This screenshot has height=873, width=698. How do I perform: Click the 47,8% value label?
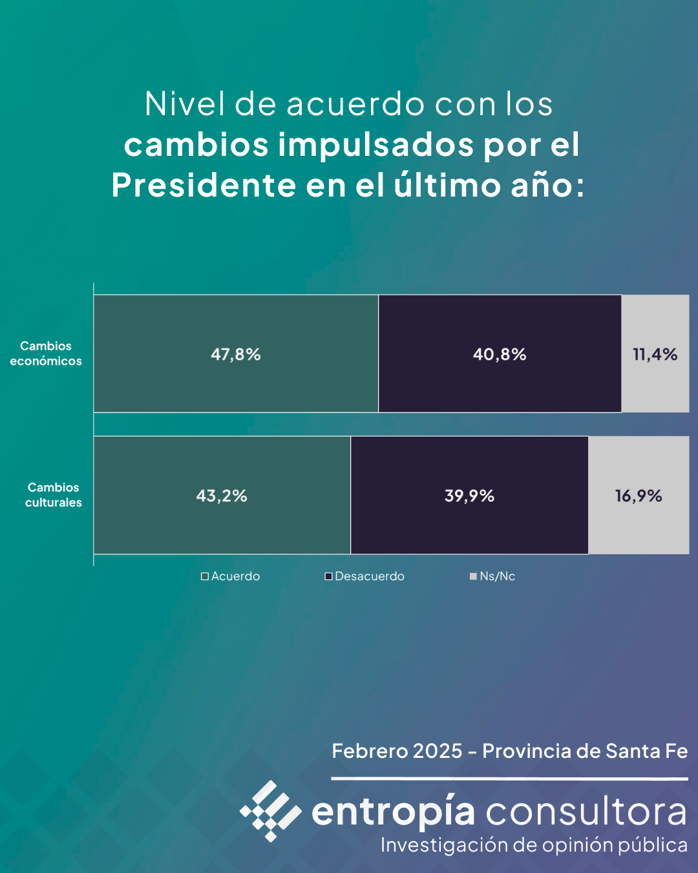click(236, 354)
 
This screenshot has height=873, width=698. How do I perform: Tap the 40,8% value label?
click(500, 354)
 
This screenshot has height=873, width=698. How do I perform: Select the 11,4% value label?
click(655, 354)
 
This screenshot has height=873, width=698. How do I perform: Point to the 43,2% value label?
click(222, 496)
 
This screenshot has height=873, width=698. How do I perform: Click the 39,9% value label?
click(469, 496)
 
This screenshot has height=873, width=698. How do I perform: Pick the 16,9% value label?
click(639, 496)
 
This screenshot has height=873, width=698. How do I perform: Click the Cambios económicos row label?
click(46, 354)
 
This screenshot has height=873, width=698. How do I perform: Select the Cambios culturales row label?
click(54, 495)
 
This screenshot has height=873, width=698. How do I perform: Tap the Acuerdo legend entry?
click(231, 576)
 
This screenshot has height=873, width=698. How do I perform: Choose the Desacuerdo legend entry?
click(365, 576)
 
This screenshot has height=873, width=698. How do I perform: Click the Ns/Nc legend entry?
click(493, 576)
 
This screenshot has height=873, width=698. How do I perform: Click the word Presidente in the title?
click(204, 185)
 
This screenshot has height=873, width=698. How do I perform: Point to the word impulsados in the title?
click(375, 144)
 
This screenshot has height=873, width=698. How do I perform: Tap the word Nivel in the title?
click(185, 104)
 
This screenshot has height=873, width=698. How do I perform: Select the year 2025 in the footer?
click(438, 751)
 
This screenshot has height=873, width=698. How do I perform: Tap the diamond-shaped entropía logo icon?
click(271, 811)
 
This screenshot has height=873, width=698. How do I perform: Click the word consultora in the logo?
click(586, 812)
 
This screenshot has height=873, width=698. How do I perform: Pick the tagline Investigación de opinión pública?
click(534, 845)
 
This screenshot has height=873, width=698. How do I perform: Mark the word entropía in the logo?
click(393, 812)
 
